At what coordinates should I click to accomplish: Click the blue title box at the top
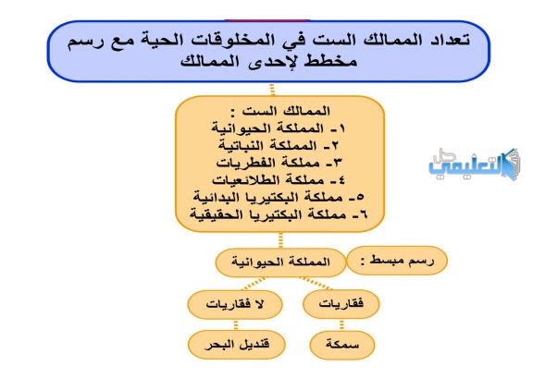(268, 51)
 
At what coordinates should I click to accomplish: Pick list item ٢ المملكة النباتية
(279, 146)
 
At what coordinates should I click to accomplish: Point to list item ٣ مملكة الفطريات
(279, 163)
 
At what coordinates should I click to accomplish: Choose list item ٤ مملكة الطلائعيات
(279, 180)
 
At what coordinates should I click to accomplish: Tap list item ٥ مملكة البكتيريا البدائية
(279, 198)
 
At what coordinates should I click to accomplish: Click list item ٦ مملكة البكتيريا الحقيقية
(279, 214)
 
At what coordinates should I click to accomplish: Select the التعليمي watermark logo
(474, 165)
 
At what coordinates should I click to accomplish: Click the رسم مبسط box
(397, 261)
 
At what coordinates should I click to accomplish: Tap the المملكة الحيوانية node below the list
(280, 262)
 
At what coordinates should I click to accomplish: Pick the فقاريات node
(341, 304)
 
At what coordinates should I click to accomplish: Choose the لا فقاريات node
(235, 304)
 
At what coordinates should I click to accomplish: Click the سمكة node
(342, 345)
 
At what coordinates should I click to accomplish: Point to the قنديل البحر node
(237, 345)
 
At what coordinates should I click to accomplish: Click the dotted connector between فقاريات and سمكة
(341, 324)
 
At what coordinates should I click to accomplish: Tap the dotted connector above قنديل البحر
(236, 324)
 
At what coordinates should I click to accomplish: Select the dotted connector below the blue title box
(272, 90)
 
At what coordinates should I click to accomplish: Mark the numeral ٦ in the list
(363, 214)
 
